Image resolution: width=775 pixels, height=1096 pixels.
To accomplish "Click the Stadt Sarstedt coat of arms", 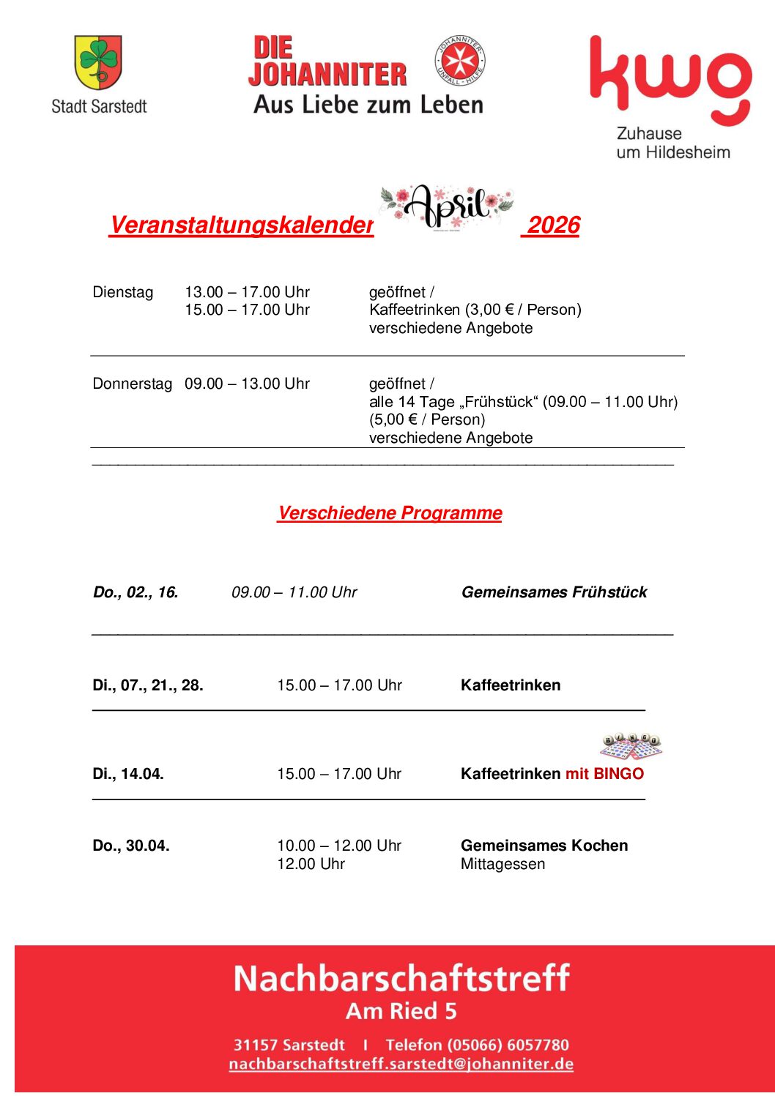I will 98,62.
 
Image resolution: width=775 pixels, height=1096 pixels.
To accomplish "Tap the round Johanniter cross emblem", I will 460,60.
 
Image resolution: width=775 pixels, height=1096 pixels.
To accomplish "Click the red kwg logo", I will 670,80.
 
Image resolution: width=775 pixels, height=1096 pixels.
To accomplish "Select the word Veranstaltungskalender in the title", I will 241,225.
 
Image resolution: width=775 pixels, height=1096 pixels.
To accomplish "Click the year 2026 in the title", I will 553,225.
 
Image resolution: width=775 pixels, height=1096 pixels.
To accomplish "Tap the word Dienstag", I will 123,292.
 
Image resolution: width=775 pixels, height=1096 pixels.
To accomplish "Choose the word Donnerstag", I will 132,384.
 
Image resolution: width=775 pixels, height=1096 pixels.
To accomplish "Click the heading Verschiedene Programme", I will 390,512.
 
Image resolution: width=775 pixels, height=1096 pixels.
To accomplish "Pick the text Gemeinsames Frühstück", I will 554,592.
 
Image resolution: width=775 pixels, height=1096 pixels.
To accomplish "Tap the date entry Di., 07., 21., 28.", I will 148,685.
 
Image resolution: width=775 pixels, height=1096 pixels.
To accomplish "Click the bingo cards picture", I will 631,746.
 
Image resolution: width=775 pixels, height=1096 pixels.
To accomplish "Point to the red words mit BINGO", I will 604,774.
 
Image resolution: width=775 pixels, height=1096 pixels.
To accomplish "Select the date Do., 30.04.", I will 131,846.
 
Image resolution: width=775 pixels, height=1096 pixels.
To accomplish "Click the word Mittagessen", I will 503,864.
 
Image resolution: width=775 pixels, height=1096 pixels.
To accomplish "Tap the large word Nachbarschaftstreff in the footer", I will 401,978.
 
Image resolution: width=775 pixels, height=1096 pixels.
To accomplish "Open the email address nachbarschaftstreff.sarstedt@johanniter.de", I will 401,1064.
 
